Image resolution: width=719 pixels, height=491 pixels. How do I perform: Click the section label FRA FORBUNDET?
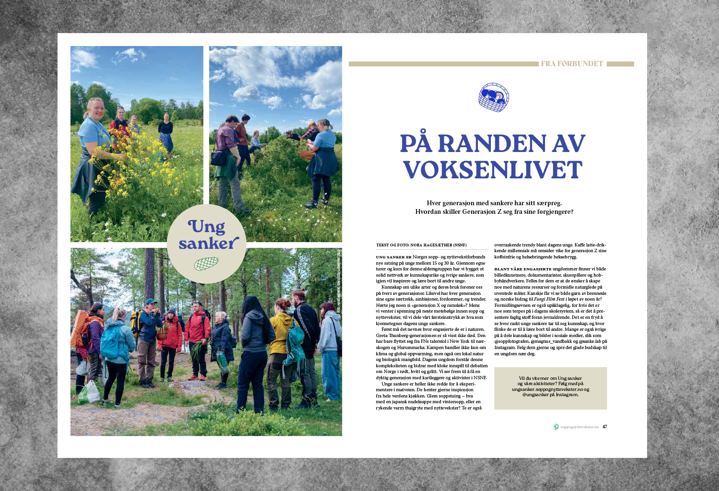coord(572,64)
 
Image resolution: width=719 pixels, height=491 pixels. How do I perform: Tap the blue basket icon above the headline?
coord(494,97)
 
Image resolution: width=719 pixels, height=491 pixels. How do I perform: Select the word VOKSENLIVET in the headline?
coord(493,170)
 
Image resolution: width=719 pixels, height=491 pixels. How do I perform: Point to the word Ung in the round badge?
coord(207,226)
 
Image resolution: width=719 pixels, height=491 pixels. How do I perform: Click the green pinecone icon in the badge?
coord(206,263)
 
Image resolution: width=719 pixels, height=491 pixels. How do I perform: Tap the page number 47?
coord(605,427)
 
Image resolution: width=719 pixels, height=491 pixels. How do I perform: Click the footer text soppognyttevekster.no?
coord(579,427)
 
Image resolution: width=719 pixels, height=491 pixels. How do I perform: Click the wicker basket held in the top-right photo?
coord(306,154)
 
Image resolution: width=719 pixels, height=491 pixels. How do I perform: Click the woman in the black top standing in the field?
coord(166,132)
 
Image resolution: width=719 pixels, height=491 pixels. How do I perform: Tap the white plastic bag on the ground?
coord(89,392)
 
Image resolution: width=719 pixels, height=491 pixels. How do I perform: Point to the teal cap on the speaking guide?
coord(151,302)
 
